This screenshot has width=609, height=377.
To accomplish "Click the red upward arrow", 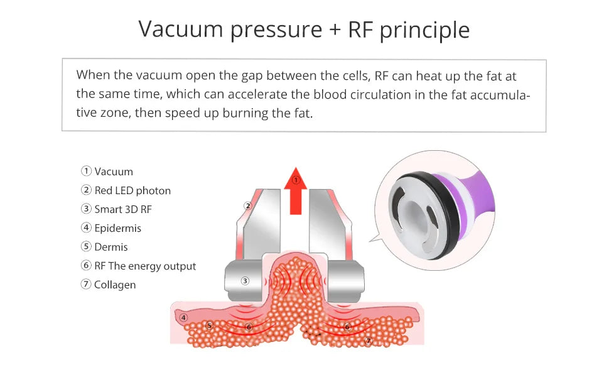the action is tap(296, 191).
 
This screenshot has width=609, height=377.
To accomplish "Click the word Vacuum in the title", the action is tap(181, 29).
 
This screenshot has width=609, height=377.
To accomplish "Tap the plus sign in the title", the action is tap(335, 30).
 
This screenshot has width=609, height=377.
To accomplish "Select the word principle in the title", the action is tap(424, 30).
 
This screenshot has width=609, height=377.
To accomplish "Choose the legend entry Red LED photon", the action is tap(132, 190).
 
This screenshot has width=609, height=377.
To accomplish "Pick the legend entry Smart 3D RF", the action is tap(122, 209).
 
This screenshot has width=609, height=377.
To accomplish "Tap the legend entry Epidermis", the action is tap(117, 228).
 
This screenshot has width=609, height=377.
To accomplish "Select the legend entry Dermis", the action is tap(110, 247).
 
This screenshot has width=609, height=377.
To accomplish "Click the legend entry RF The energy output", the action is tap(145, 266).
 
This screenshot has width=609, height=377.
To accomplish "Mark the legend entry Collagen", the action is tap(115, 285).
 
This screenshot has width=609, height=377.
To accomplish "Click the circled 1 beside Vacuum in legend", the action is tap(86, 171).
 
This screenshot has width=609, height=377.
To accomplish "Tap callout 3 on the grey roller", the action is tap(245, 281).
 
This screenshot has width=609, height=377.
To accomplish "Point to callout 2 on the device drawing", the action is tap(248, 205).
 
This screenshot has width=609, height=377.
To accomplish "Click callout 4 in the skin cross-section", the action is tap(183, 318).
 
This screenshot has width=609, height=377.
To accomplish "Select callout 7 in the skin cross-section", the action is tap(368, 341).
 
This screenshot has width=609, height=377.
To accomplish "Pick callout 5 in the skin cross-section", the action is tap(209, 325).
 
